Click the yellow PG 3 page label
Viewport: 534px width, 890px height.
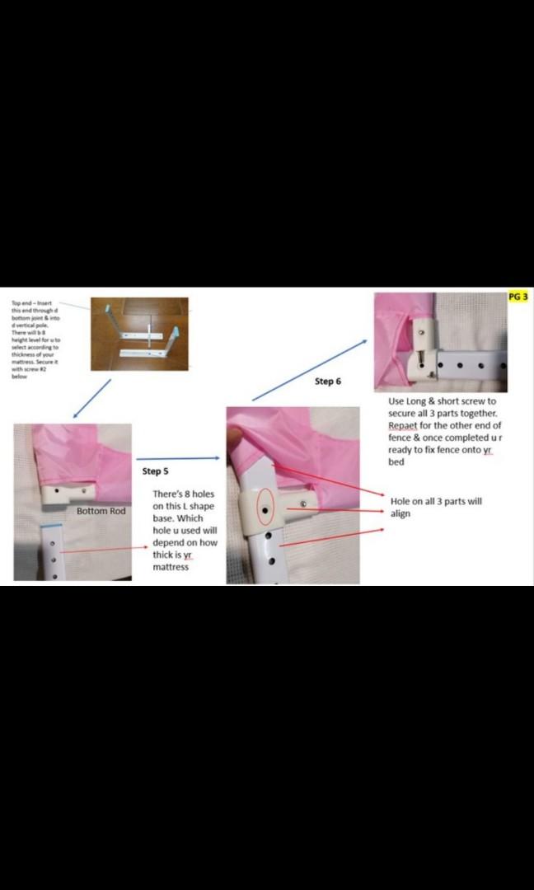pos(518,297)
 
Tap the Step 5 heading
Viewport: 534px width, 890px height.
pos(155,471)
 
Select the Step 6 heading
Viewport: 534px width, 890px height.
pos(327,382)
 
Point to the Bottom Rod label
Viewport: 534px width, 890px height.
pos(101,512)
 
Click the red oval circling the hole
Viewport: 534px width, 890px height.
pos(265,511)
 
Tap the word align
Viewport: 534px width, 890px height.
pos(400,513)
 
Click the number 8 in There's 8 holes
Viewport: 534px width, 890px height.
pos(192,494)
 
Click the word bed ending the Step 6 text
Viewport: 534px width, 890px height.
pos(396,462)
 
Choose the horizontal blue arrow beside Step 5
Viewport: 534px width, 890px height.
pos(177,458)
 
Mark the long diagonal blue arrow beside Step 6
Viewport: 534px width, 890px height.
pos(309,369)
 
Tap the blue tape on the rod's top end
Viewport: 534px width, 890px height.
pos(54,525)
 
